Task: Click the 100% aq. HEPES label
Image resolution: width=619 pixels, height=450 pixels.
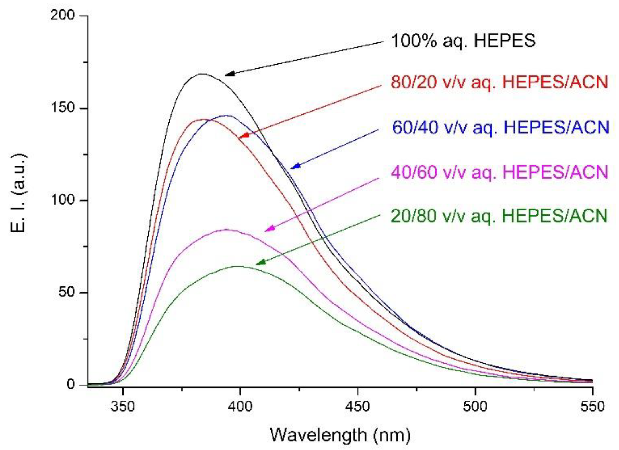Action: [x=463, y=41]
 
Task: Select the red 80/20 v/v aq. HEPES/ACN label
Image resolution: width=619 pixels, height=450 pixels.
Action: [x=499, y=82]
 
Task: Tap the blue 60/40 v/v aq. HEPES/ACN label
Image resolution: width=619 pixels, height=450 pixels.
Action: [x=501, y=127]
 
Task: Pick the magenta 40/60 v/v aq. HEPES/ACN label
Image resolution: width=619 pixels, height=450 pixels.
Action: [x=499, y=172]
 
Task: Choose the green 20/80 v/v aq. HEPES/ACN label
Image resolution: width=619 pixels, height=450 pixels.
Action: [x=499, y=216]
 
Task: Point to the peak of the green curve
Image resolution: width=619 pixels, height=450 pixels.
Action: [x=238, y=266]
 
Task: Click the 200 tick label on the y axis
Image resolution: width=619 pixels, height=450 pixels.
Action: [x=62, y=16]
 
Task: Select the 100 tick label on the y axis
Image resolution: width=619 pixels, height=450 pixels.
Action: [x=62, y=200]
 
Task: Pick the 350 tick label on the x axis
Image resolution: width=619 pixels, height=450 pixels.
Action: [x=123, y=406]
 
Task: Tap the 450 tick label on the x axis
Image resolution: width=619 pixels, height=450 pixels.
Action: [x=357, y=406]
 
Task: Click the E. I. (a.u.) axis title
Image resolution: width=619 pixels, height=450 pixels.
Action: [x=18, y=193]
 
